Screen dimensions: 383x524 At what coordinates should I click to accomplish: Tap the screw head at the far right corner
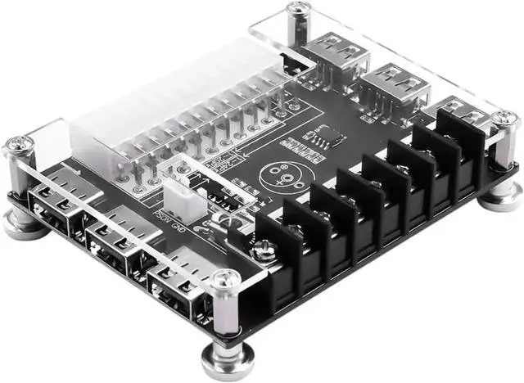click(x=505, y=119)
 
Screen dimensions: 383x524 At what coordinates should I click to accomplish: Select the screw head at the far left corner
click(x=17, y=146)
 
